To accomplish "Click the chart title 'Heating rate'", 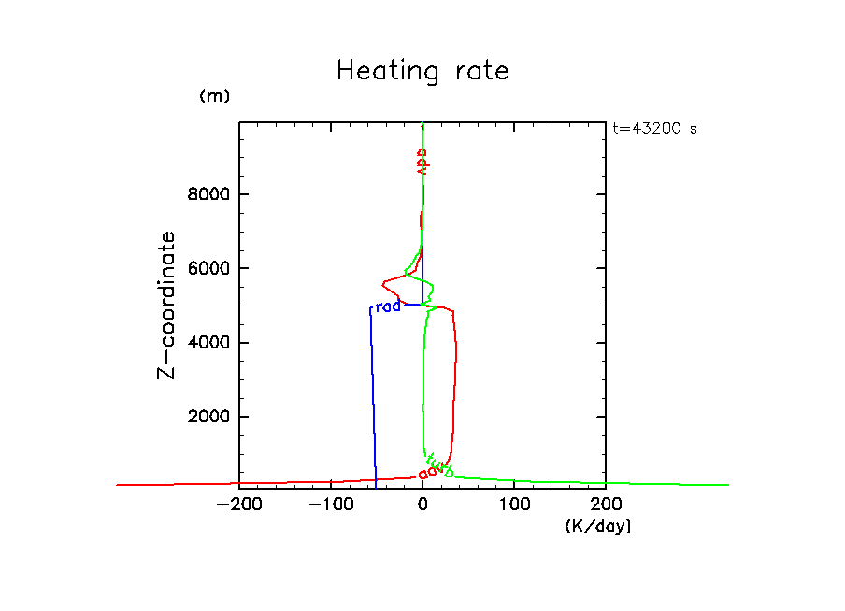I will [x=422, y=71].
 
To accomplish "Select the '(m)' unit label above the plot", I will [x=214, y=96].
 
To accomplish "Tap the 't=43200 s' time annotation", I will [x=654, y=129].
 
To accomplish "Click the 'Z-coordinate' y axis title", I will [x=166, y=305].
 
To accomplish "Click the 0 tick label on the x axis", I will [x=422, y=505].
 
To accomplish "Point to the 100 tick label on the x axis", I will [x=514, y=505].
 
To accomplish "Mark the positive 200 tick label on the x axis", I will [x=606, y=505].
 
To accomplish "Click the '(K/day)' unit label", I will [x=598, y=527].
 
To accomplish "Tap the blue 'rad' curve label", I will [x=387, y=306].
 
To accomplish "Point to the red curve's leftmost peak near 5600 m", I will [x=383, y=282].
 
